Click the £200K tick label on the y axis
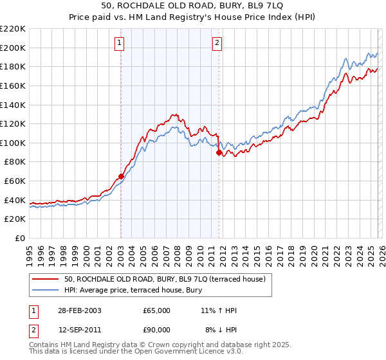click(x=13, y=48)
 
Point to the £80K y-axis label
click(x=15, y=162)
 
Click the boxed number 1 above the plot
click(x=120, y=43)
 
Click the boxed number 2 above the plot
click(x=217, y=43)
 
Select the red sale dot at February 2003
click(x=121, y=176)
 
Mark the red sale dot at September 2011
click(x=219, y=152)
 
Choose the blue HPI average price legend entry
click(x=133, y=291)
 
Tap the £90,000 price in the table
click(x=157, y=330)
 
